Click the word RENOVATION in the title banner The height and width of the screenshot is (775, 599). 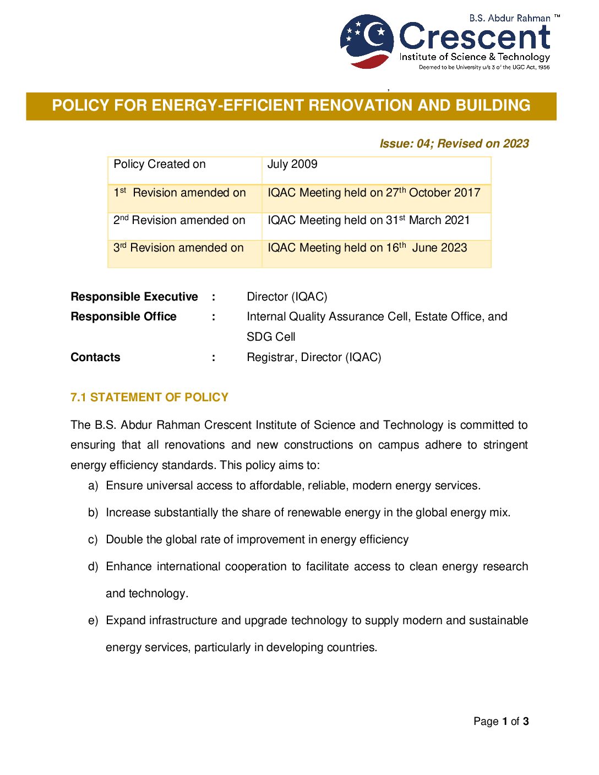[360, 105]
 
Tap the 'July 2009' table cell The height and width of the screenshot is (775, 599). [292, 165]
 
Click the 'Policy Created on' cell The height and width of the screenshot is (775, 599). [160, 165]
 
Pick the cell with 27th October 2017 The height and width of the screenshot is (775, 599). [374, 193]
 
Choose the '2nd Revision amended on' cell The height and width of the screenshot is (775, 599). [179, 220]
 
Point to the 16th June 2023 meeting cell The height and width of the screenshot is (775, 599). [367, 248]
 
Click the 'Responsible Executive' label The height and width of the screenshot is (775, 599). [134, 297]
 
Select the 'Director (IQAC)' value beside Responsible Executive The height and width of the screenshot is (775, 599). [287, 297]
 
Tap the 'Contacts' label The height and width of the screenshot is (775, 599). [95, 357]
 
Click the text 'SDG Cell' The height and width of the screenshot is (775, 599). [271, 337]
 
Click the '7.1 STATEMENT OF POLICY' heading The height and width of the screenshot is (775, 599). [149, 397]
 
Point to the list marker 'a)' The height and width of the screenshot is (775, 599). [93, 485]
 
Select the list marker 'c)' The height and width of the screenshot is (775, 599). [93, 539]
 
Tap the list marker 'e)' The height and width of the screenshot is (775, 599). [93, 620]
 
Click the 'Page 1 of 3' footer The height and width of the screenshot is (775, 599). [501, 721]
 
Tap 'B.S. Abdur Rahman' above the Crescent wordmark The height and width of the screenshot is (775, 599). [509, 18]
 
